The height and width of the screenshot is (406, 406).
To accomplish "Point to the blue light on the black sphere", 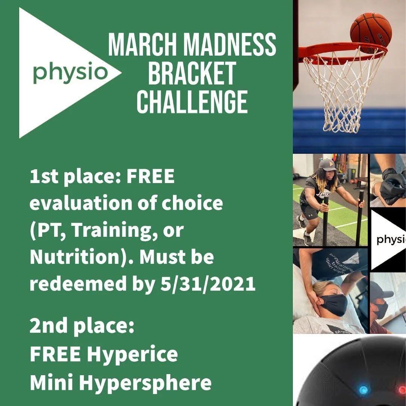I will (363, 389).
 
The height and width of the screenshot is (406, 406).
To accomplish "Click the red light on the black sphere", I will (401, 389).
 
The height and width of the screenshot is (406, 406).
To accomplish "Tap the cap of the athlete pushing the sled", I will (327, 165).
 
